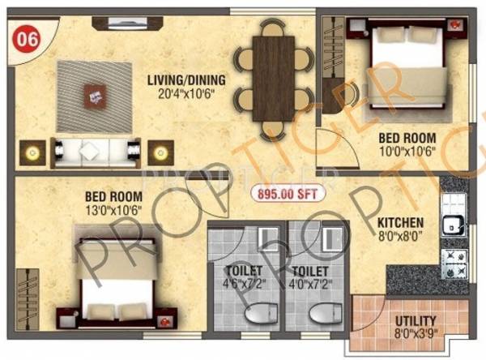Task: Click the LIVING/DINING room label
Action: pyautogui.click(x=186, y=79)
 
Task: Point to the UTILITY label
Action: pyautogui.click(x=416, y=320)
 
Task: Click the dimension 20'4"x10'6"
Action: pyautogui.click(x=186, y=92)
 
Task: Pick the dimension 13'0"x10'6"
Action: pyautogui.click(x=115, y=209)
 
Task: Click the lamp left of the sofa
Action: pyautogui.click(x=33, y=151)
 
